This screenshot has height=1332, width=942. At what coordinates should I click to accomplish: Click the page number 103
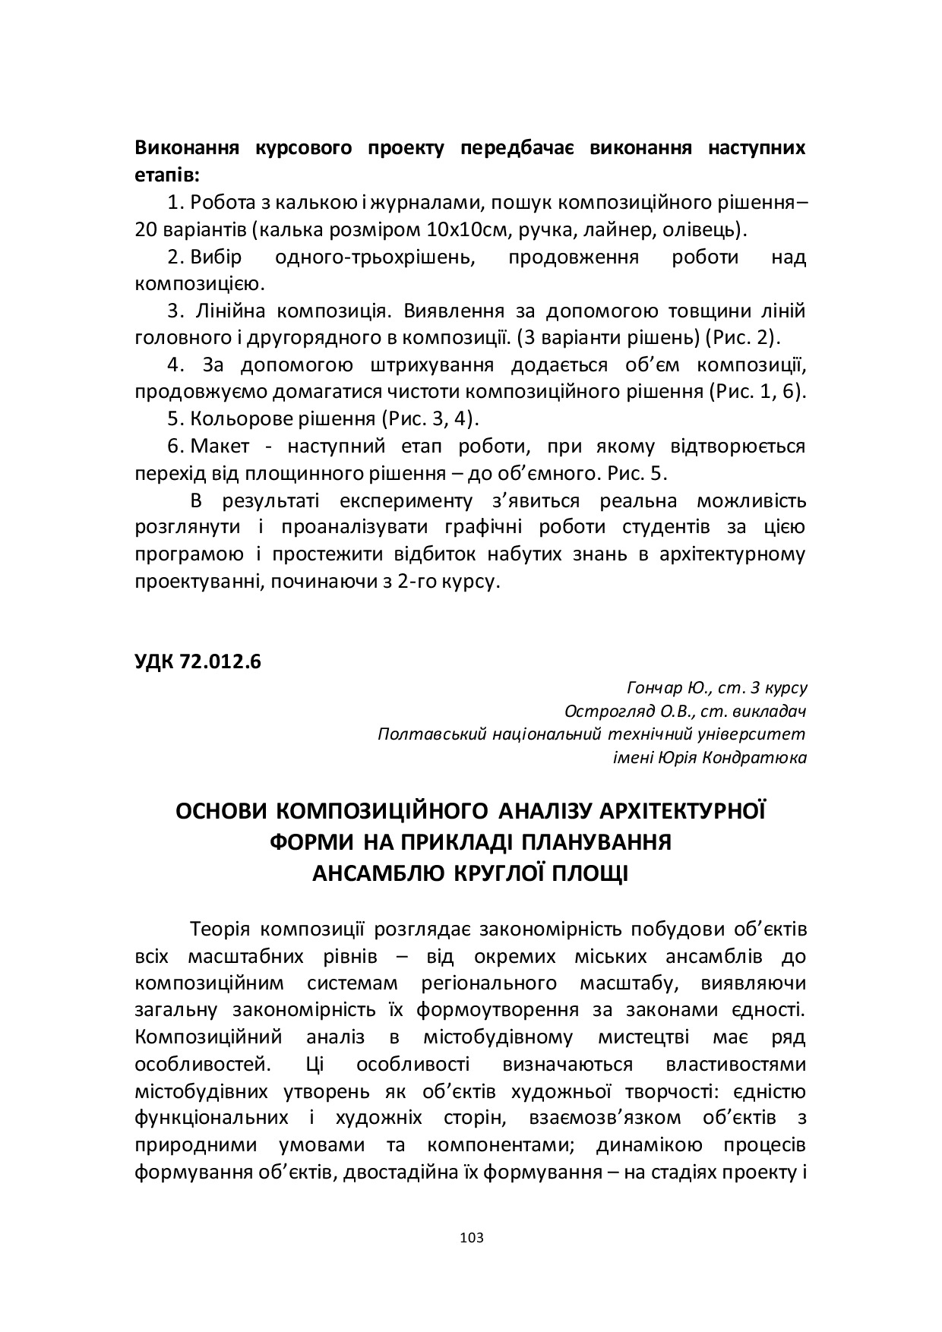click(471, 1238)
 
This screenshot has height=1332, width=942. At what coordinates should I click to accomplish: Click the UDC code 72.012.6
click(198, 661)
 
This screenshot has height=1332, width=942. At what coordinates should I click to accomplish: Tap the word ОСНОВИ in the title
click(220, 812)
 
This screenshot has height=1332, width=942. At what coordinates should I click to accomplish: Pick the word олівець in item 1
click(699, 229)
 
